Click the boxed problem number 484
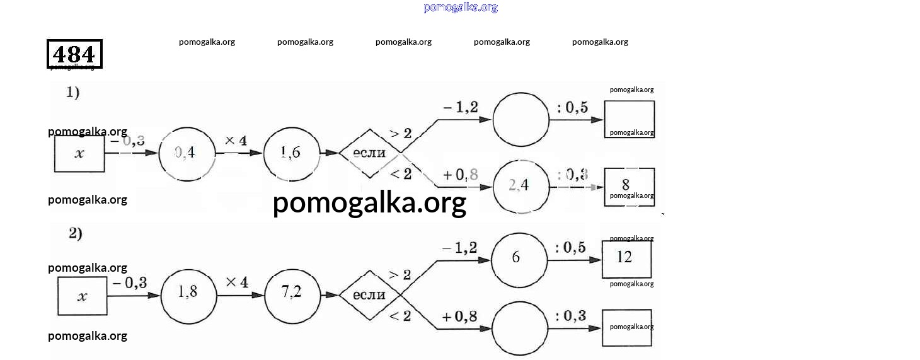(74, 54)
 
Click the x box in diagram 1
(79, 154)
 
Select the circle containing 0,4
(187, 153)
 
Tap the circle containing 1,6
(291, 153)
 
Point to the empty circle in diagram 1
(521, 120)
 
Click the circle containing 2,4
(520, 187)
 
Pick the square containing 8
(629, 187)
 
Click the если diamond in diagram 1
(371, 153)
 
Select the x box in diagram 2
(83, 296)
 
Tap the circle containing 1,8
(188, 295)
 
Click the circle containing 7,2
(292, 294)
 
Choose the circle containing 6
(519, 260)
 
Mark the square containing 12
(626, 259)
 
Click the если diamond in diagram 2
(370, 295)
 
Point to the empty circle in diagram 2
(519, 328)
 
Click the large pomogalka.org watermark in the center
(369, 203)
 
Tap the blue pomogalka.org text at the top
(461, 8)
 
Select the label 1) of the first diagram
(72, 93)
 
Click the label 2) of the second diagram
(76, 233)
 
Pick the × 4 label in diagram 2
(237, 282)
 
